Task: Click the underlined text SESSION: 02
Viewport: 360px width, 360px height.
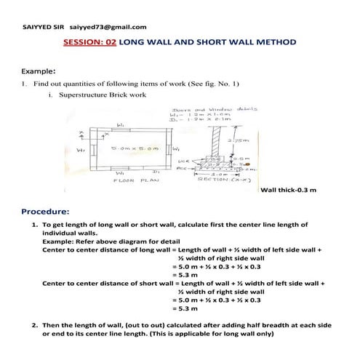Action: [x=90, y=43]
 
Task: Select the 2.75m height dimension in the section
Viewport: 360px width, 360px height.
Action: [x=255, y=140]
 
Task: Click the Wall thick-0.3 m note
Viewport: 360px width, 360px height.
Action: [x=288, y=191]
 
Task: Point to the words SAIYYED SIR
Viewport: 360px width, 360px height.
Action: [x=43, y=27]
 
